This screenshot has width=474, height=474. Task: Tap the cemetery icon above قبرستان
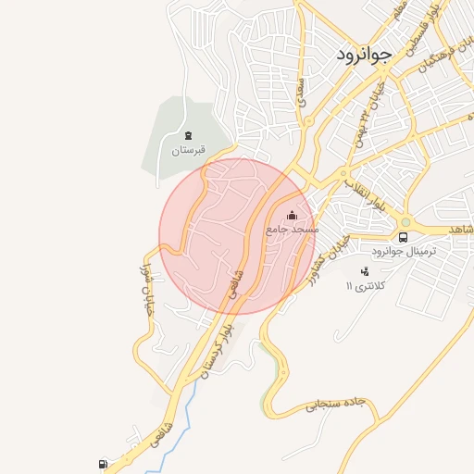click(x=189, y=136)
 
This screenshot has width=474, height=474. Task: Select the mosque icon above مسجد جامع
click(x=293, y=215)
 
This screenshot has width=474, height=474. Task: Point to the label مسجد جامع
click(x=293, y=228)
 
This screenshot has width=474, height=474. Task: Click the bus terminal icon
click(x=404, y=237)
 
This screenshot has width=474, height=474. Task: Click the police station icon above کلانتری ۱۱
click(x=364, y=271)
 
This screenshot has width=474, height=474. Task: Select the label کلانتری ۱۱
click(x=363, y=286)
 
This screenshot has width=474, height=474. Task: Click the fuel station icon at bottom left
click(x=102, y=464)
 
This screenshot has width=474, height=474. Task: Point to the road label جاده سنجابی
click(x=337, y=404)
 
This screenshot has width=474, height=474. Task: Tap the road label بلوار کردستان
click(x=217, y=347)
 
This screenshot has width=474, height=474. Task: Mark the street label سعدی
click(x=301, y=93)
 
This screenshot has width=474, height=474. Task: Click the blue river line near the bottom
click(x=182, y=417)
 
